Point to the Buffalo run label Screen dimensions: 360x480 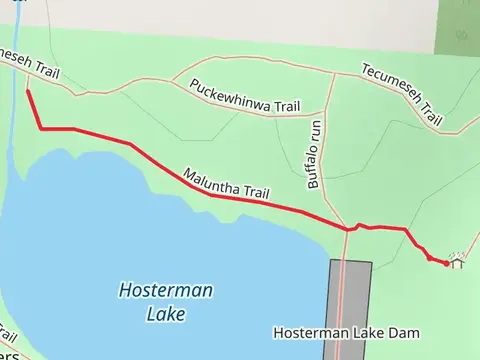[313, 155]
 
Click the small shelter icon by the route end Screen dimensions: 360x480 [457, 261]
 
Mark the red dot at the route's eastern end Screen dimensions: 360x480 [445, 263]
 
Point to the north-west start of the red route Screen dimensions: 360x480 [27, 93]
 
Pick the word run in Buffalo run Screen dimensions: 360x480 [315, 131]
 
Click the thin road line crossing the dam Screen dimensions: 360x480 [342, 300]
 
